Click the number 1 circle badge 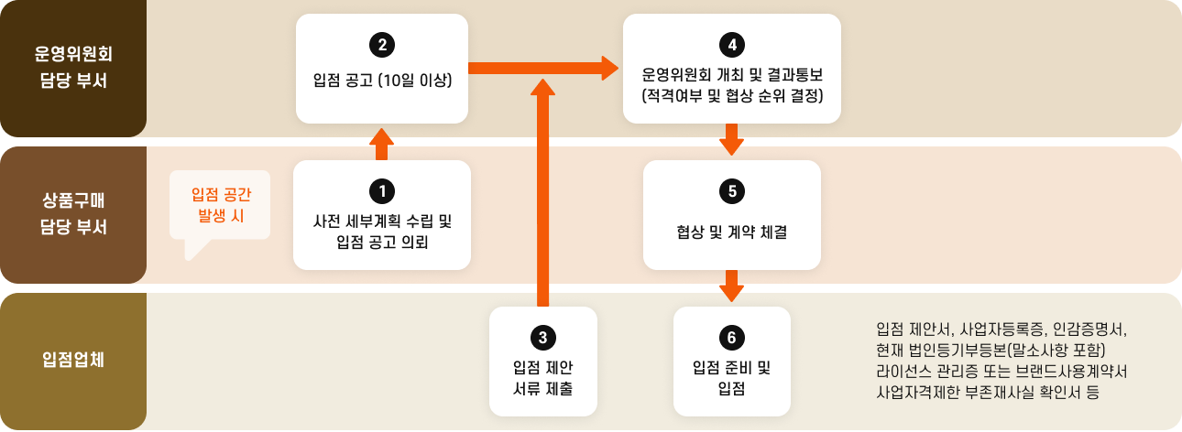point(381,189)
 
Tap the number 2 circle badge point(381,43)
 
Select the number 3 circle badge point(542,337)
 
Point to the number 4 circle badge point(731,43)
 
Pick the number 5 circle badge point(731,189)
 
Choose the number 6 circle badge point(730,337)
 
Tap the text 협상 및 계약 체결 point(731,232)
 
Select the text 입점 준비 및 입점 point(730,378)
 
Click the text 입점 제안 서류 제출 point(542,378)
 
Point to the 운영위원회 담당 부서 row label point(72,68)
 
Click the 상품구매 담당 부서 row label point(72,214)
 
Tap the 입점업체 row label point(72,360)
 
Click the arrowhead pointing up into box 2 point(381,137)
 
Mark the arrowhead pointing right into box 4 point(611,67)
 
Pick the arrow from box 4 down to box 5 point(731,141)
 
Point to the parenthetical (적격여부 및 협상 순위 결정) point(731,94)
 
